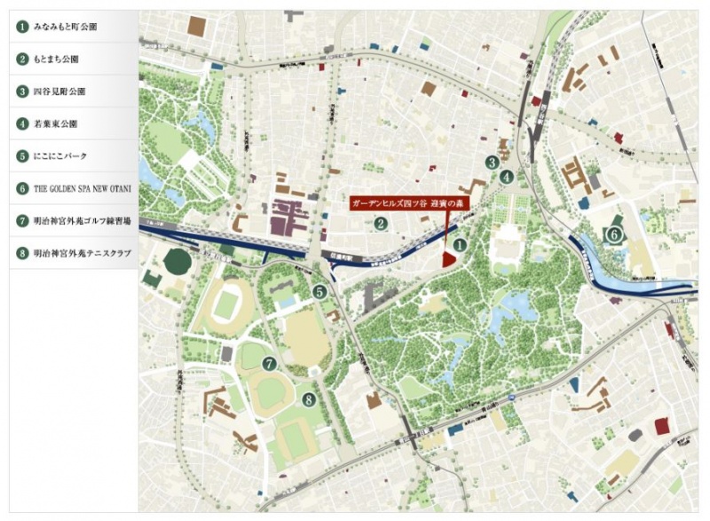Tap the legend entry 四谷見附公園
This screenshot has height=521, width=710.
pyautogui.click(x=59, y=91)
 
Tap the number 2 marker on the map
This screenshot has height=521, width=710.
pyautogui.click(x=380, y=223)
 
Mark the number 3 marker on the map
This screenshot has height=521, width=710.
pyautogui.click(x=491, y=162)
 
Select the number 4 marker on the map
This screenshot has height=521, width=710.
pyautogui.click(x=506, y=176)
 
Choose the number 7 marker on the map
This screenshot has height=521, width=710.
pyautogui.click(x=269, y=363)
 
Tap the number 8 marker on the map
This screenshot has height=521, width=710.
pyautogui.click(x=308, y=400)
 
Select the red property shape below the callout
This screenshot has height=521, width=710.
pyautogui.click(x=449, y=257)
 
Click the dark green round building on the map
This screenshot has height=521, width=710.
pyautogui.click(x=177, y=261)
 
